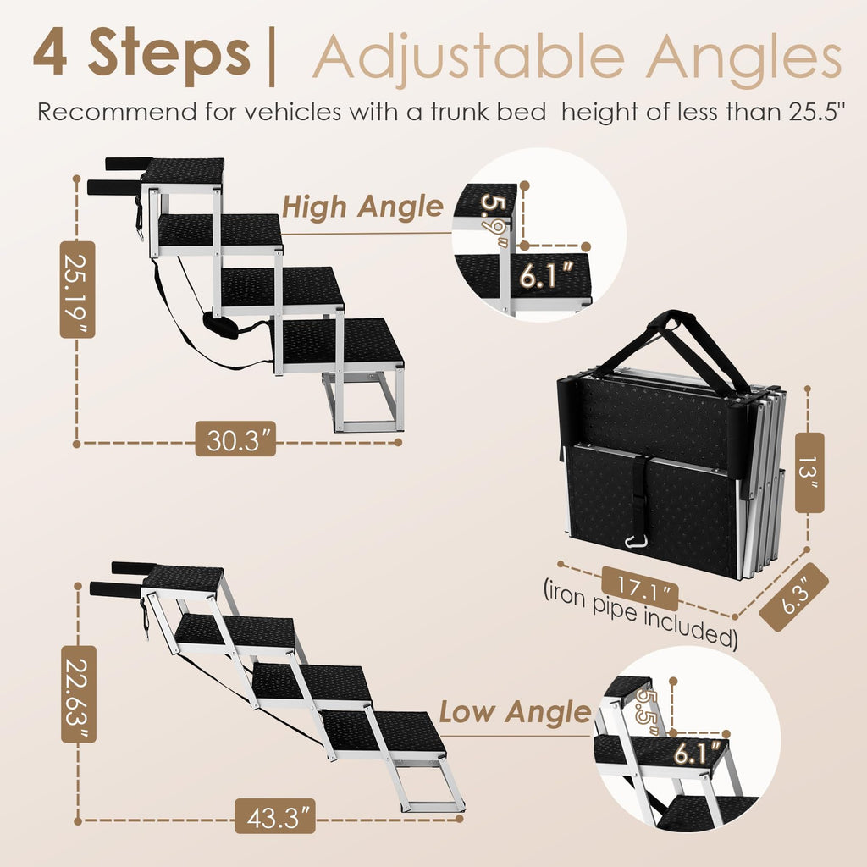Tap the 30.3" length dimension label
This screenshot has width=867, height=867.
point(241,442)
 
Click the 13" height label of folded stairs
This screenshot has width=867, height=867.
point(809,473)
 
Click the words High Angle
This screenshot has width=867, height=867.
point(362,206)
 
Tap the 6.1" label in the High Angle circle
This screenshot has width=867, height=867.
point(544,275)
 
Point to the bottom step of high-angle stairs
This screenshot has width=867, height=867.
point(342,343)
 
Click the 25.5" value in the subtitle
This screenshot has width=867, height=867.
point(812,112)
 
